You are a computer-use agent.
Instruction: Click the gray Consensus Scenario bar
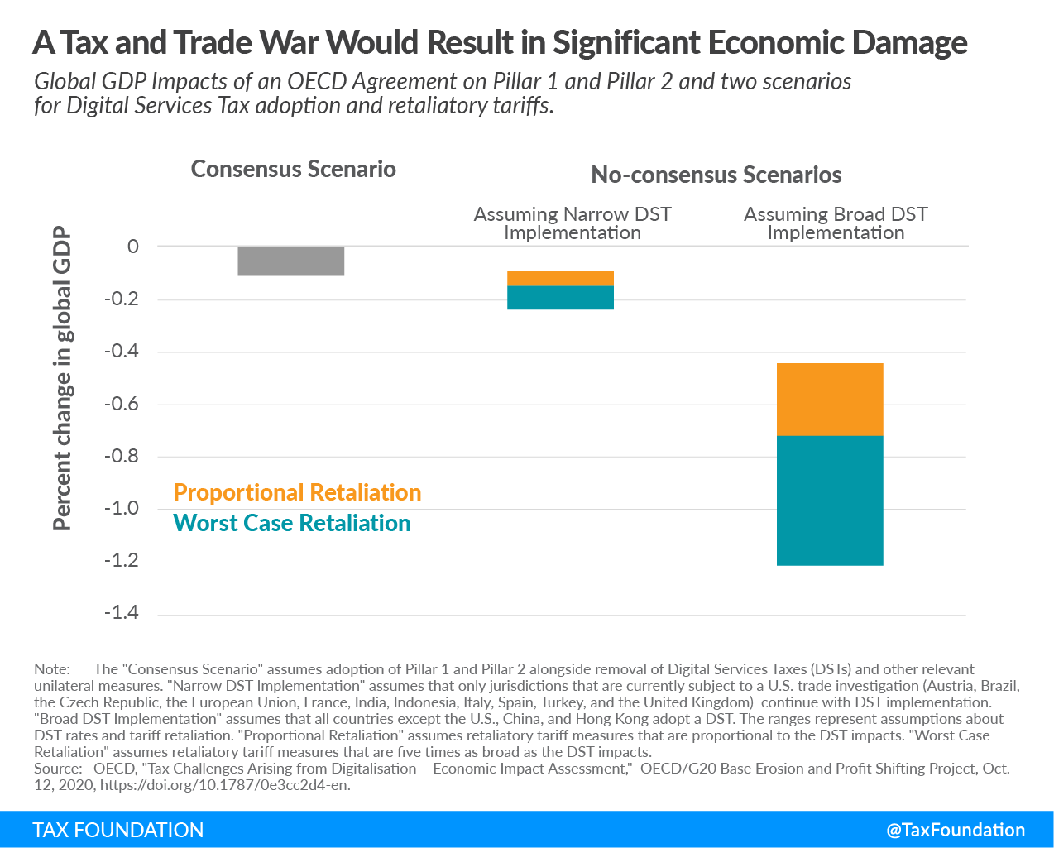[290, 261]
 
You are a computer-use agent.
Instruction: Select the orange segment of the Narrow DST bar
[560, 278]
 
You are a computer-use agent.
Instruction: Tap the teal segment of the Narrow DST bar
[560, 298]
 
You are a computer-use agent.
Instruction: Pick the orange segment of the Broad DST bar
[830, 400]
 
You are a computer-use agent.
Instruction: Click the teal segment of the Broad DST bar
[830, 501]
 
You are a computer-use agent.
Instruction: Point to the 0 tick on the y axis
[133, 247]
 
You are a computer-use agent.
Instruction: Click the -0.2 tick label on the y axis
[122, 299]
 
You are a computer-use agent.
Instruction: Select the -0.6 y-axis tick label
[122, 404]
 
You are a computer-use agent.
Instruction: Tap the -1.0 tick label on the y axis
[122, 508]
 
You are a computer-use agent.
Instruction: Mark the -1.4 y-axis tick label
[122, 613]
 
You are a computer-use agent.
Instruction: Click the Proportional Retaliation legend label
[297, 492]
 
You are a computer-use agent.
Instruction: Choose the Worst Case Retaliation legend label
[291, 523]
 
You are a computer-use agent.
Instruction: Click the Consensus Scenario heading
[294, 169]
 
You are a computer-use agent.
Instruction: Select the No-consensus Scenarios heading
[716, 175]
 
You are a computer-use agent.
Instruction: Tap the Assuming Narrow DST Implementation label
[573, 223]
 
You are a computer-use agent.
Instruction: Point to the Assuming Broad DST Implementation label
[836, 223]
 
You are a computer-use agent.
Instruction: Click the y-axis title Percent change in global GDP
[62, 378]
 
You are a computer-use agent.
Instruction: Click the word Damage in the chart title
[909, 42]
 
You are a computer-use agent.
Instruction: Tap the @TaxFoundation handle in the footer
[956, 830]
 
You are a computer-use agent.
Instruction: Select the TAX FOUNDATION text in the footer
[118, 830]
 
